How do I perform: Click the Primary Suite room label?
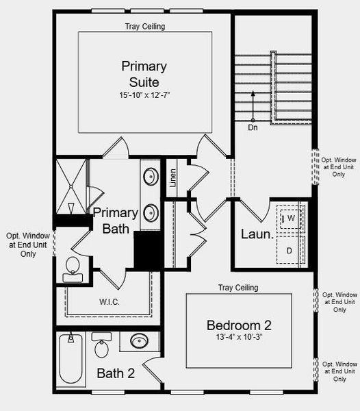pyautogui.click(x=144, y=74)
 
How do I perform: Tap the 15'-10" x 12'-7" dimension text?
pyautogui.click(x=144, y=95)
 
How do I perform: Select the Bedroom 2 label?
pyautogui.click(x=239, y=325)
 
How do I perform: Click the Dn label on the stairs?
pyautogui.click(x=253, y=127)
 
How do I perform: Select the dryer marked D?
pyautogui.click(x=290, y=251)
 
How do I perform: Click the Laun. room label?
pyautogui.click(x=257, y=234)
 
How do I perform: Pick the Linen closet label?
pyautogui.click(x=172, y=177)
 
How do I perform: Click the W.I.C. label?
pyautogui.click(x=110, y=301)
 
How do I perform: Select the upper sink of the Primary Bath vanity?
pyautogui.click(x=151, y=176)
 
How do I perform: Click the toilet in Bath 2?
pyautogui.click(x=101, y=347)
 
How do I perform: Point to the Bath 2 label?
pyautogui.click(x=115, y=374)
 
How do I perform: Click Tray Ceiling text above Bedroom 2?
pyautogui.click(x=238, y=288)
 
